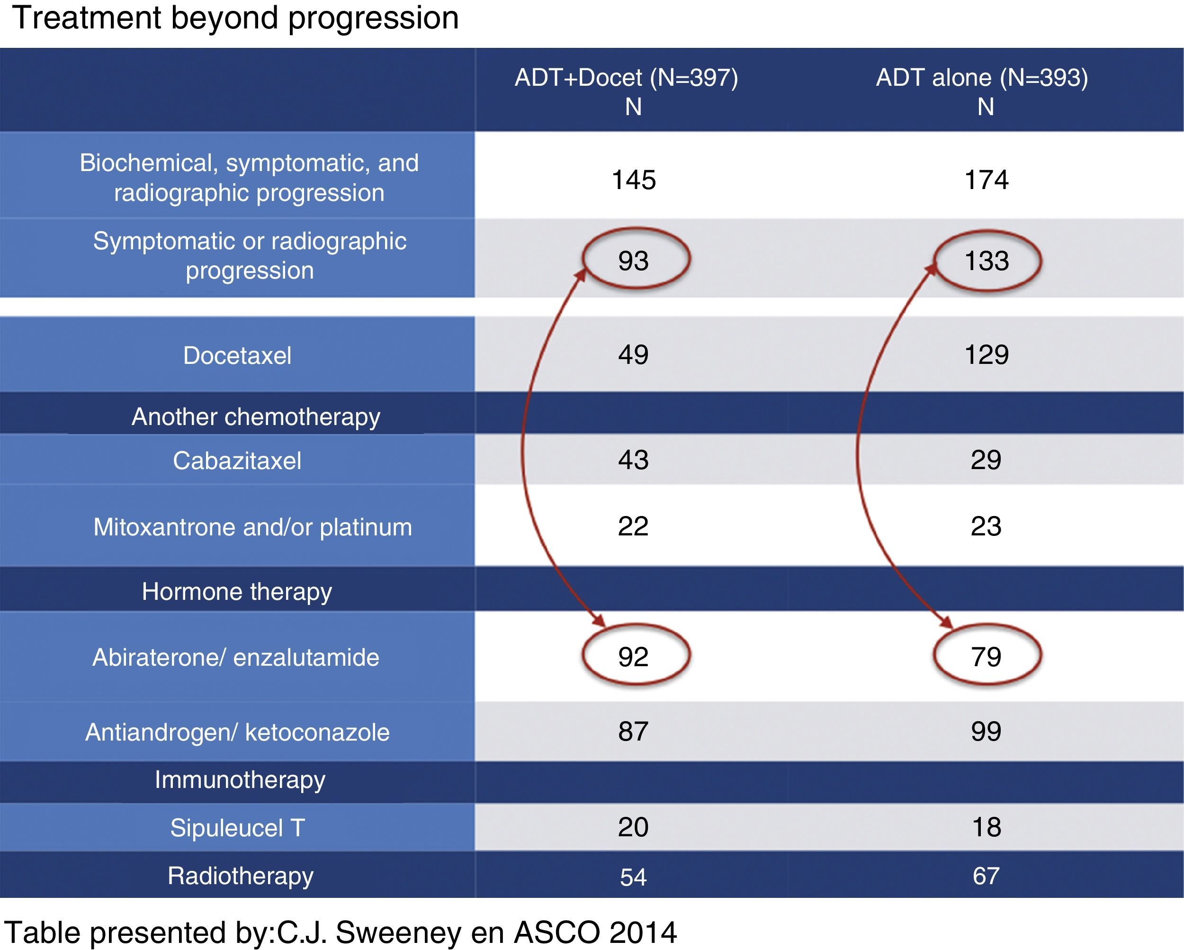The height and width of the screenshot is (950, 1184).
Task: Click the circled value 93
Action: pyautogui.click(x=633, y=261)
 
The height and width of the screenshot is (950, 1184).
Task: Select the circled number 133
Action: pyautogui.click(x=987, y=261)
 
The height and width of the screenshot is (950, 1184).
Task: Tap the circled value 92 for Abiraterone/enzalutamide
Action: pyautogui.click(x=633, y=657)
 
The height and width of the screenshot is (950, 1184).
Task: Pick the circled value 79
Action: pyautogui.click(x=987, y=657)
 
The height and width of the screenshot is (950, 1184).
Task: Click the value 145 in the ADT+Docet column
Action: pyautogui.click(x=634, y=180)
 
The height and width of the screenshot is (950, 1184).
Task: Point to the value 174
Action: pyautogui.click(x=987, y=180)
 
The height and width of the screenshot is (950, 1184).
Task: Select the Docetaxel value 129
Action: pyautogui.click(x=987, y=354)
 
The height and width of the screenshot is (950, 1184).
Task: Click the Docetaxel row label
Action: pyautogui.click(x=237, y=355)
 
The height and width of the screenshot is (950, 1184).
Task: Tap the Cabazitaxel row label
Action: pyautogui.click(x=237, y=461)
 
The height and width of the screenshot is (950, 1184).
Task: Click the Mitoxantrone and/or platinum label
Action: pyautogui.click(x=252, y=527)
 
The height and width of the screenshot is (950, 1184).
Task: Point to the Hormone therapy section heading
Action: pyautogui.click(x=237, y=592)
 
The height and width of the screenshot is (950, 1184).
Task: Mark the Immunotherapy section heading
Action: pyautogui.click(x=240, y=780)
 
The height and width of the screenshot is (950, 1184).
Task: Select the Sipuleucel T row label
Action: pyautogui.click(x=237, y=827)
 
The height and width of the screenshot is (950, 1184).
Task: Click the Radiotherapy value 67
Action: pyautogui.click(x=987, y=876)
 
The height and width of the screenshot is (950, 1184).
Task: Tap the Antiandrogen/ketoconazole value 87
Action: pyautogui.click(x=633, y=731)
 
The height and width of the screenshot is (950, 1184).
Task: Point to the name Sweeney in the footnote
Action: pyautogui.click(x=399, y=932)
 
